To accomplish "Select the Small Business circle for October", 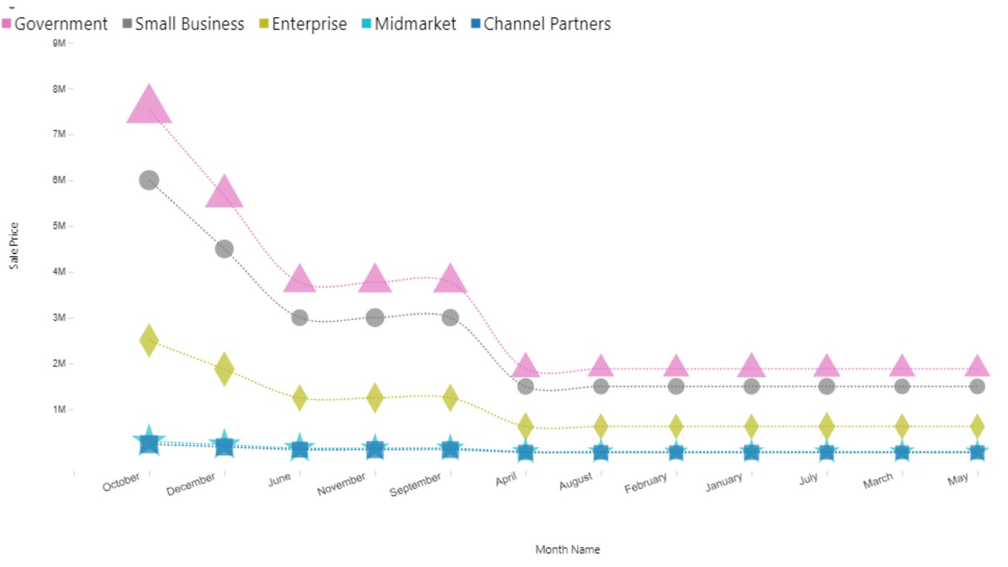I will pos(149,180).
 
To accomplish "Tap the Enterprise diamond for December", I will pos(224,368).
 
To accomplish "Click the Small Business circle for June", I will pos(300,317).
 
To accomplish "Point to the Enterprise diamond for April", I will pos(525,426).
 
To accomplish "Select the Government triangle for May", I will pos(977,366).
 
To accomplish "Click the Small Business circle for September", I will pos(450,317).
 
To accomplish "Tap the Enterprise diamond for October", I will pos(149,340).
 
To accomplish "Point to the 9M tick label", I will pos(59,43).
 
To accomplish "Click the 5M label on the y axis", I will pos(59,226).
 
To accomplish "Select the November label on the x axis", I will pos(342,484).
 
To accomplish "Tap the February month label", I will pos(646,484).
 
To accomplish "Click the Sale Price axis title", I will pos(14,246).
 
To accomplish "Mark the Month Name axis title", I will pos(567,550).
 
